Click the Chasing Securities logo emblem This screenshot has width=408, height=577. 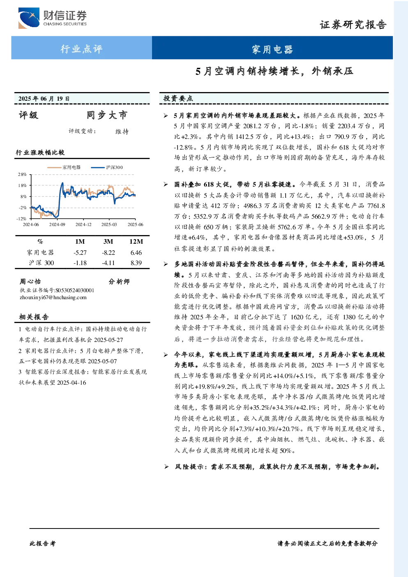(x=29, y=18)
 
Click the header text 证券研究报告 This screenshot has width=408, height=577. (x=353, y=25)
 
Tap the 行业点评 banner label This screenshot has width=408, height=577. (x=81, y=48)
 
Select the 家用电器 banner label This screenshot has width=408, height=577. (x=272, y=49)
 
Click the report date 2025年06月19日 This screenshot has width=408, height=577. (x=44, y=99)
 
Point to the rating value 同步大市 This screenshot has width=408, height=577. (x=107, y=115)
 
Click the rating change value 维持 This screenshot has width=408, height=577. (x=122, y=132)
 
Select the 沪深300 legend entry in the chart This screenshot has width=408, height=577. (x=107, y=167)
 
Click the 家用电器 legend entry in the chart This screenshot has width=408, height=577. (x=64, y=167)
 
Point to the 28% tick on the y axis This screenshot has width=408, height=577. (x=23, y=174)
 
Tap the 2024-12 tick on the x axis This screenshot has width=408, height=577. (x=83, y=224)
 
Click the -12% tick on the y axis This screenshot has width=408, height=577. (x=22, y=219)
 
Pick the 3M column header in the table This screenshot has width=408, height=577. (x=108, y=242)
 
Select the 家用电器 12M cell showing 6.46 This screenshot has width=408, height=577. (x=136, y=253)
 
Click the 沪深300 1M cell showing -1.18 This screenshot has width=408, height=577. (x=80, y=263)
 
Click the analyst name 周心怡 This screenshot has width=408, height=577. (x=30, y=282)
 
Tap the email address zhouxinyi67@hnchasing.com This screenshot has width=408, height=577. (x=53, y=298)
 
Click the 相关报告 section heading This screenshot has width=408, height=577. (x=34, y=317)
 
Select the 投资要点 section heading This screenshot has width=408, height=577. (x=178, y=98)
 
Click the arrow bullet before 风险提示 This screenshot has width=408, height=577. (x=166, y=467)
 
